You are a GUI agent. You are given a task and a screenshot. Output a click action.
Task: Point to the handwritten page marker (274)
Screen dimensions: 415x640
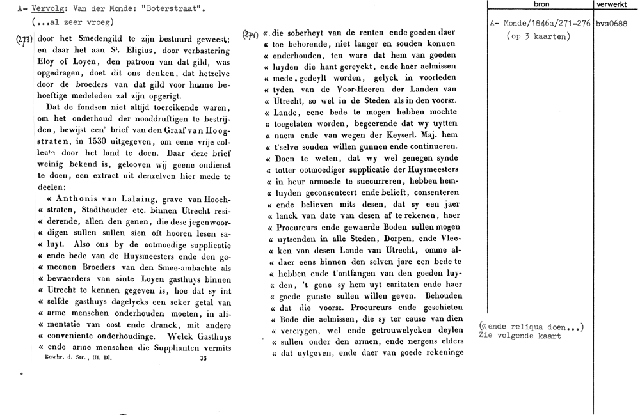252,35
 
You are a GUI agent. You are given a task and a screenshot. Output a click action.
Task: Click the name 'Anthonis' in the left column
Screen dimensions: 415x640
74,200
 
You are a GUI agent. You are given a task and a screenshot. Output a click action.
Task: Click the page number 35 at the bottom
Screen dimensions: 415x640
202,359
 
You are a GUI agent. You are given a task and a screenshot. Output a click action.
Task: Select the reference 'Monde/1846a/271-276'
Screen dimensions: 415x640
546,24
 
